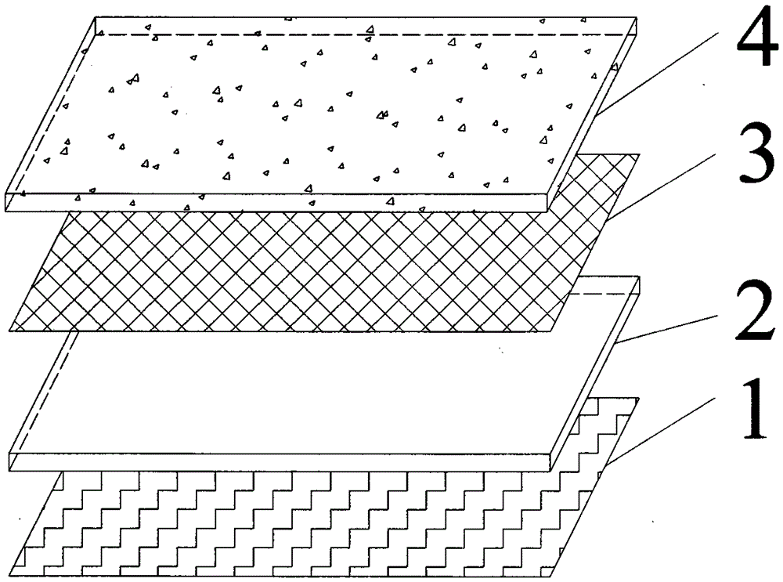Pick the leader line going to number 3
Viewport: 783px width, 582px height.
[x=666, y=188]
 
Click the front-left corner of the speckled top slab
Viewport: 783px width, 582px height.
[x=6, y=193]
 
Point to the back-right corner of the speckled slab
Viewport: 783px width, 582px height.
[x=633, y=18]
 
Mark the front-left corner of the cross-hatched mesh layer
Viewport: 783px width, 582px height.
[x=10, y=330]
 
